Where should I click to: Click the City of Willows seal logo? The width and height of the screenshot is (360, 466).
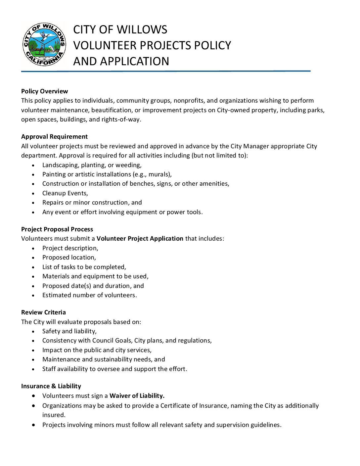tap(44, 44)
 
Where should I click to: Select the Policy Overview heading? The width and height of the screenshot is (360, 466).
tap(45, 91)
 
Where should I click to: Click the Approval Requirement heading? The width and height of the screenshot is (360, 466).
tap(55, 137)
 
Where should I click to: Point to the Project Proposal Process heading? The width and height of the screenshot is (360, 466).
tap(57, 229)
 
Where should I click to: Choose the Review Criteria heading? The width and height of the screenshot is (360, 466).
tap(44, 312)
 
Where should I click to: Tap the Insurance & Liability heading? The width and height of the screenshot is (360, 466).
tap(51, 386)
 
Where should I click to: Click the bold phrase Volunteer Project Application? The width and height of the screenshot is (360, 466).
tap(140, 239)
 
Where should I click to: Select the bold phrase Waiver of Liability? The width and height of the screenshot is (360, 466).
tap(137, 396)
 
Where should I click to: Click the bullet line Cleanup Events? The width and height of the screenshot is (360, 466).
tap(65, 193)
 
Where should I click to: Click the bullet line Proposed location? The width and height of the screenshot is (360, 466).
tap(69, 257)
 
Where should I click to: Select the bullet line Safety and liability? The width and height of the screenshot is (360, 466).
tap(69, 331)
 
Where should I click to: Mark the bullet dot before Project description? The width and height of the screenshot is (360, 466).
tap(33, 248)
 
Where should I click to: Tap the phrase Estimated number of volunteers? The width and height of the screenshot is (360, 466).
tap(89, 295)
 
